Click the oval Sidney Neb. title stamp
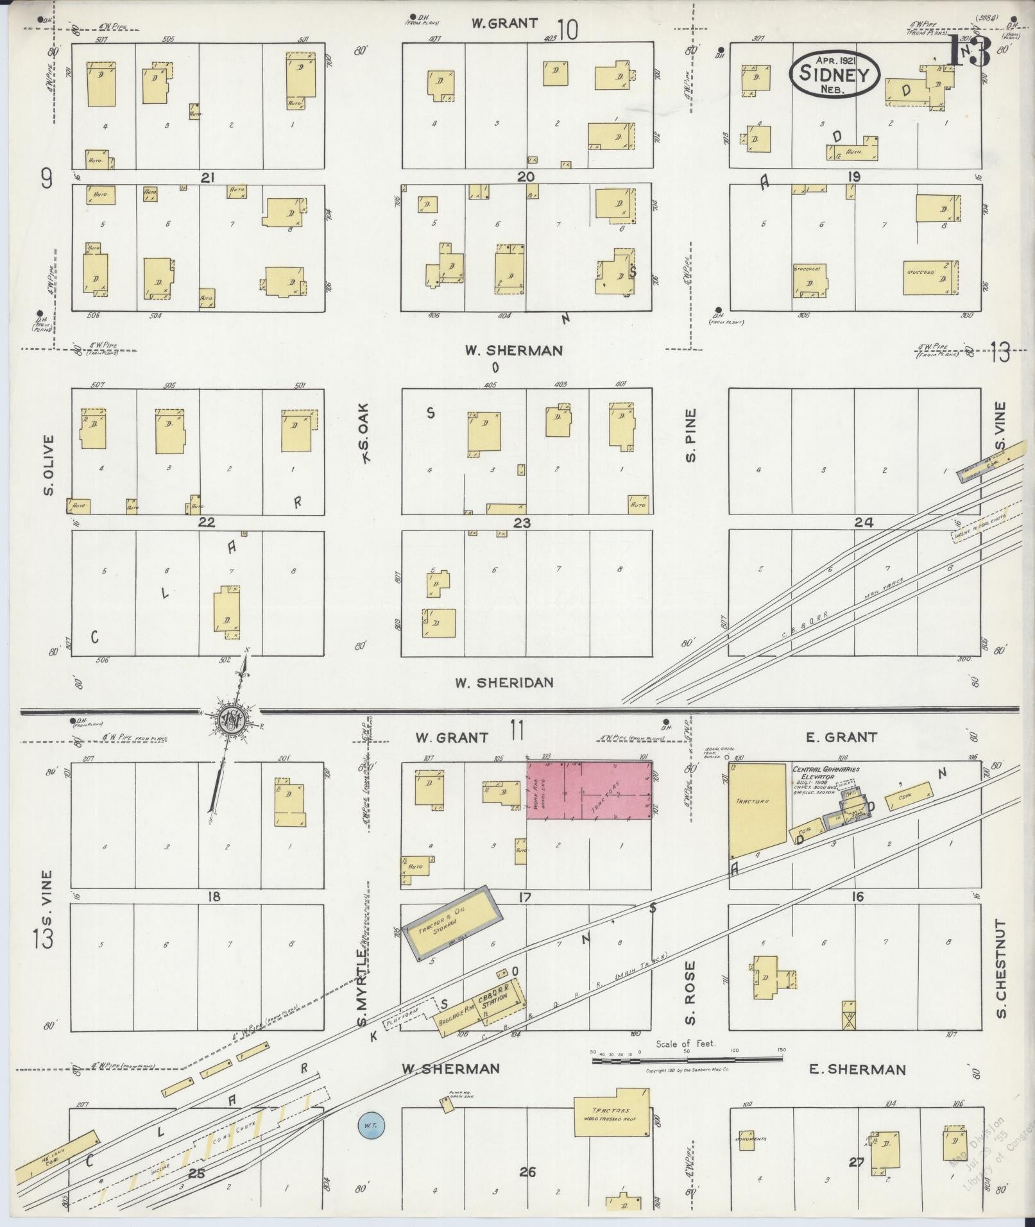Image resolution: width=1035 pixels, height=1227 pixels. [834, 74]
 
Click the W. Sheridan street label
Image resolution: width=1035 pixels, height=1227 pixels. [504, 682]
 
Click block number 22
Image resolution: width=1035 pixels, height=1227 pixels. [206, 523]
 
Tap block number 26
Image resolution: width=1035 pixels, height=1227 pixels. [527, 1172]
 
